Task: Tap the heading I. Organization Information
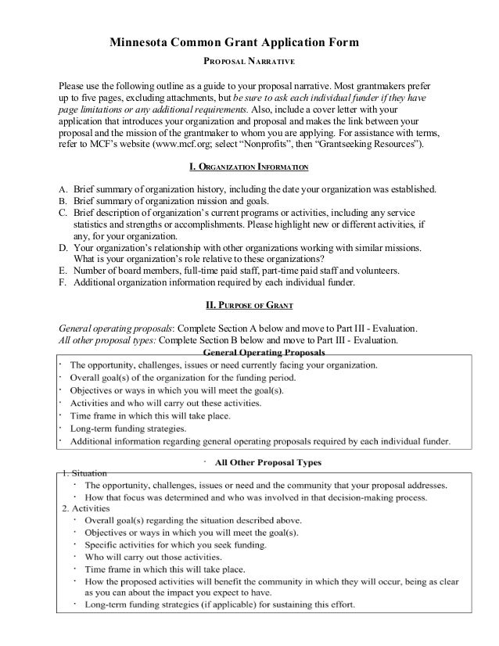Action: pyautogui.click(x=249, y=167)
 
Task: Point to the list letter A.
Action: pyautogui.click(x=63, y=189)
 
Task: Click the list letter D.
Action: pyautogui.click(x=63, y=248)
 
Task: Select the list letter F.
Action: pyautogui.click(x=63, y=282)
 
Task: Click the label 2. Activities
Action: pyautogui.click(x=85, y=509)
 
